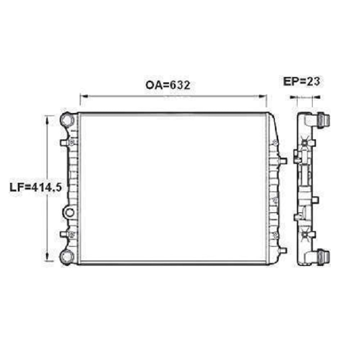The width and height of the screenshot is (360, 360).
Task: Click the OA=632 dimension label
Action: coord(168,85)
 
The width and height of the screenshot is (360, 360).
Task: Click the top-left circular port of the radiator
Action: coord(67,119)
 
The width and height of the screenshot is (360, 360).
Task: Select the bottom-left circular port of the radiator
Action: coord(67,256)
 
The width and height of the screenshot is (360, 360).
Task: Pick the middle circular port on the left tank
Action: coord(69,212)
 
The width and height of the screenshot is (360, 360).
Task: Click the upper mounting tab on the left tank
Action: coord(63,143)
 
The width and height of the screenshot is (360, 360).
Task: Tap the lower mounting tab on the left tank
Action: coord(63,235)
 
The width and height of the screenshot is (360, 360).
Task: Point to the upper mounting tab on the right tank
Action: coord(283,160)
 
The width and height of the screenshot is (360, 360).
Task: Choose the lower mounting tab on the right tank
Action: coord(283,250)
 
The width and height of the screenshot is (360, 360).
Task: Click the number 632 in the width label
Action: coord(179,85)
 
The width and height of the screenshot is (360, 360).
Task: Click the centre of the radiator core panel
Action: coord(174,188)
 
